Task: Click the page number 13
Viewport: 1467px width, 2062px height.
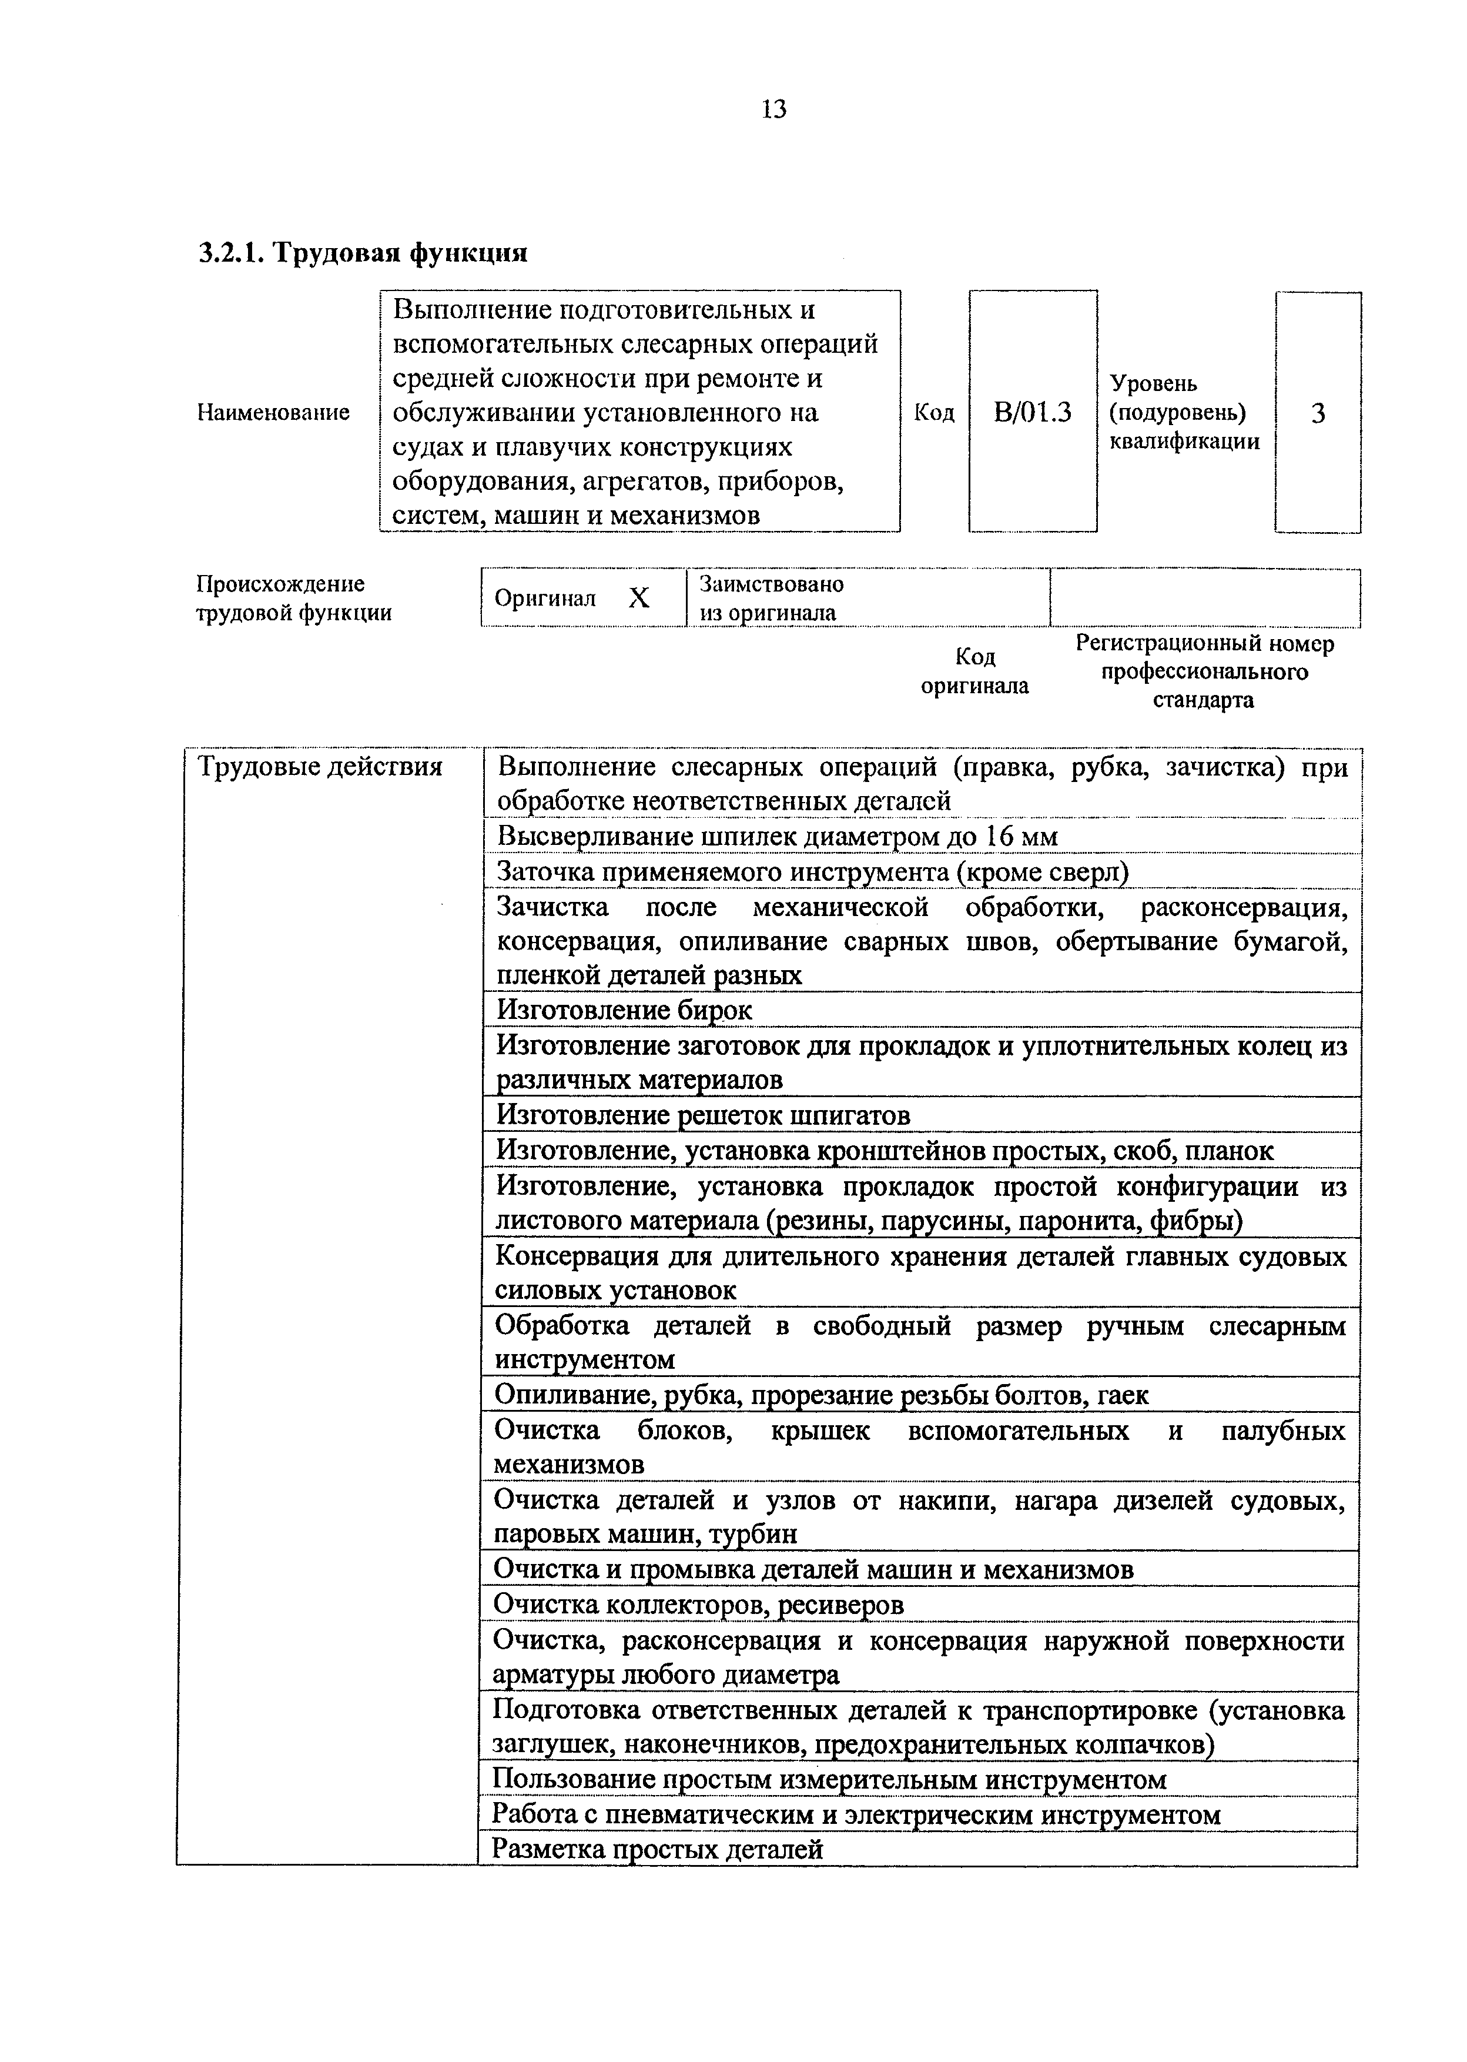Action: [x=774, y=109]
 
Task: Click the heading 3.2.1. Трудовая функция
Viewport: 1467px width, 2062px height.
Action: [x=362, y=252]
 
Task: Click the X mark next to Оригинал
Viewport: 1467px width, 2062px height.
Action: [x=639, y=597]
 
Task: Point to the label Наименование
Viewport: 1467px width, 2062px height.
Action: [x=273, y=413]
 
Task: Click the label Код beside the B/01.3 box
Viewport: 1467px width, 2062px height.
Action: [x=934, y=413]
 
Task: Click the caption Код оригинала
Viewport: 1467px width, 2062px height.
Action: [x=974, y=671]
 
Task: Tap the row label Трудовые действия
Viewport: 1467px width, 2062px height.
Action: [x=320, y=767]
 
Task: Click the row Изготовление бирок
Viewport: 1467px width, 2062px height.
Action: [x=625, y=1010]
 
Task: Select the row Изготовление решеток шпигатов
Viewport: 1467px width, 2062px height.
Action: [x=704, y=1115]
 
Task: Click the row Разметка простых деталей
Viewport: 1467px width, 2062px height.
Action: [x=658, y=1849]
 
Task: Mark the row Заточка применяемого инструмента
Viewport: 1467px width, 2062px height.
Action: [x=813, y=872]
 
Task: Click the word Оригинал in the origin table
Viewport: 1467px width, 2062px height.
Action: [x=545, y=598]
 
